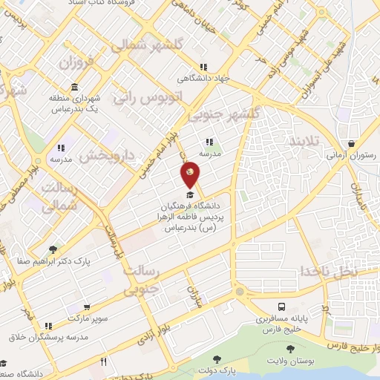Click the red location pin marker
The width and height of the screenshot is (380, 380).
point(190,174)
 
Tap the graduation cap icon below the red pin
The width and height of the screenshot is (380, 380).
point(190,194)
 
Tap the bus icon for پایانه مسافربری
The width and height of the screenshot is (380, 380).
point(283,307)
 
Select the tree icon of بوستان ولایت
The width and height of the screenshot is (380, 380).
point(290,349)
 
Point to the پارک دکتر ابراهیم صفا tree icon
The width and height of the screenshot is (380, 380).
point(52,250)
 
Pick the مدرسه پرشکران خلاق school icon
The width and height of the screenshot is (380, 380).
point(49,325)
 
